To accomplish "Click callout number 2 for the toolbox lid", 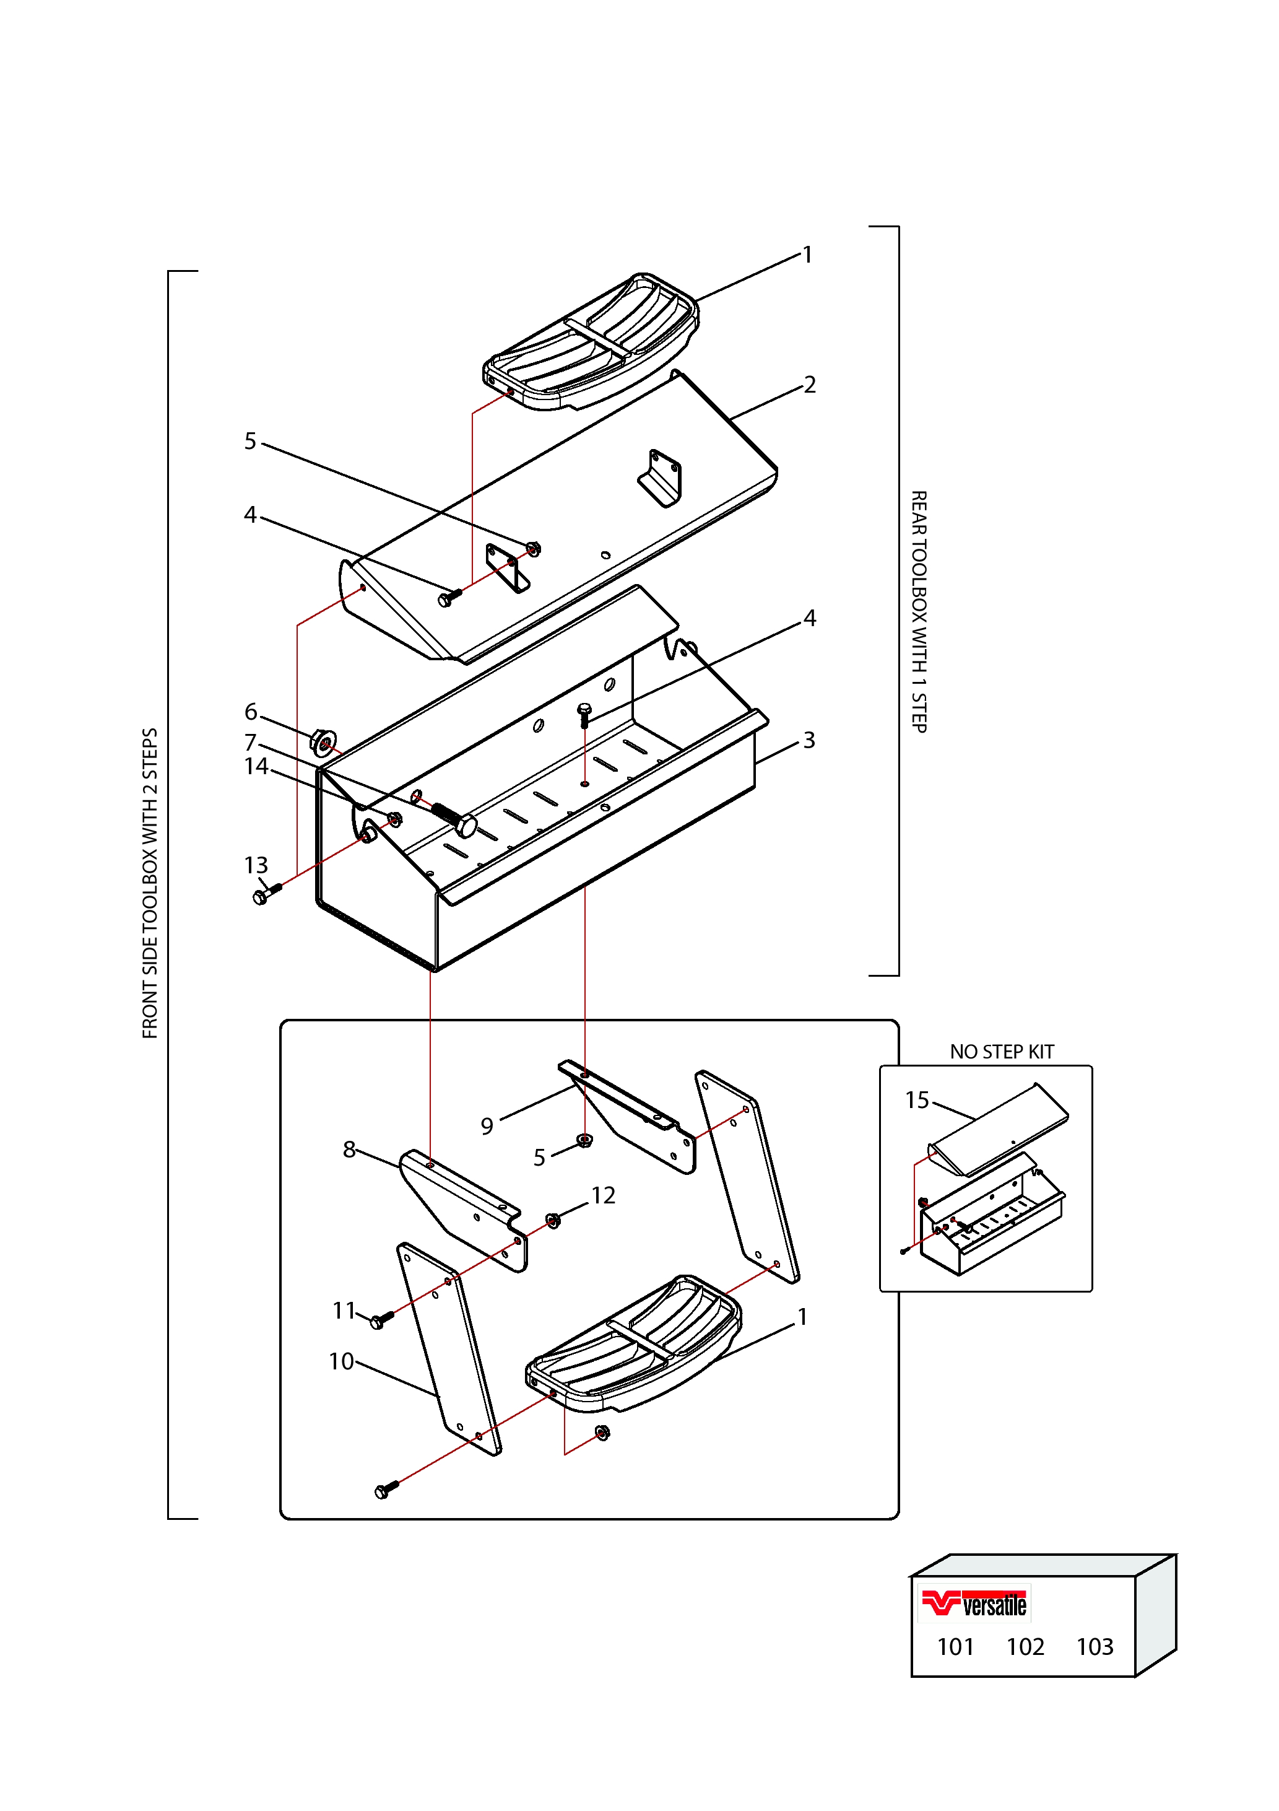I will coord(810,385).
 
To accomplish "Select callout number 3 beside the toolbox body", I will coord(809,741).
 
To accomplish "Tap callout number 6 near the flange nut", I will coord(251,712).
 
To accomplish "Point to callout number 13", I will coord(256,865).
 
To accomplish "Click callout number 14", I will coord(256,767).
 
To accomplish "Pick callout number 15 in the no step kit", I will coord(917,1101).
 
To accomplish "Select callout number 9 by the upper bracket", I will coord(487,1127).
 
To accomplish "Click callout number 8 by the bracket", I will coord(349,1150).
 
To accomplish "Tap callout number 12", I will coord(603,1196).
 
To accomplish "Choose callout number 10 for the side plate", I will coord(342,1361).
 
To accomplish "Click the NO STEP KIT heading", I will coord(1002,1052).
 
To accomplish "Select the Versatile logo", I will coord(974,1604).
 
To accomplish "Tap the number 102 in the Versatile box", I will coord(1025,1647).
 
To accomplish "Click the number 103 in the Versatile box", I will coord(1095,1647).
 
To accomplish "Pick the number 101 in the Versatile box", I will coord(956,1647).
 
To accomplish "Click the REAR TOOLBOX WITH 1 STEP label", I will coord(919,611).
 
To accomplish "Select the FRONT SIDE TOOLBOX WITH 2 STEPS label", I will coord(150,883).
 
